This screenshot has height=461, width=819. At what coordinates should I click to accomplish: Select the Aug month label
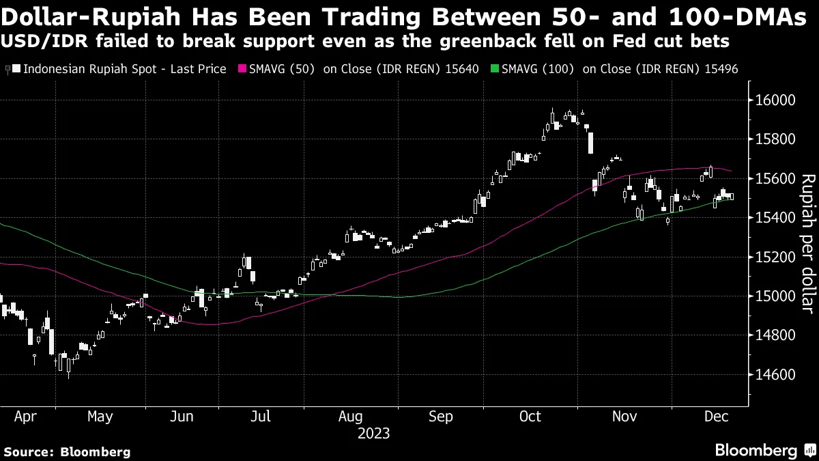(x=351, y=416)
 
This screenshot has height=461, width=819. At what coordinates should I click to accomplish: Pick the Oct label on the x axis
(x=530, y=416)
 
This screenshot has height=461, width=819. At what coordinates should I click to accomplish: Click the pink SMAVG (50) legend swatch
(x=242, y=70)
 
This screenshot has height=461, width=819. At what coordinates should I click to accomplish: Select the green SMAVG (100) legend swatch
(x=495, y=70)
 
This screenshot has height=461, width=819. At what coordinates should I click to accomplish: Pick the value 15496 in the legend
(x=722, y=70)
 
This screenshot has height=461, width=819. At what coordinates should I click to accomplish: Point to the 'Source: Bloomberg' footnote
(x=67, y=451)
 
